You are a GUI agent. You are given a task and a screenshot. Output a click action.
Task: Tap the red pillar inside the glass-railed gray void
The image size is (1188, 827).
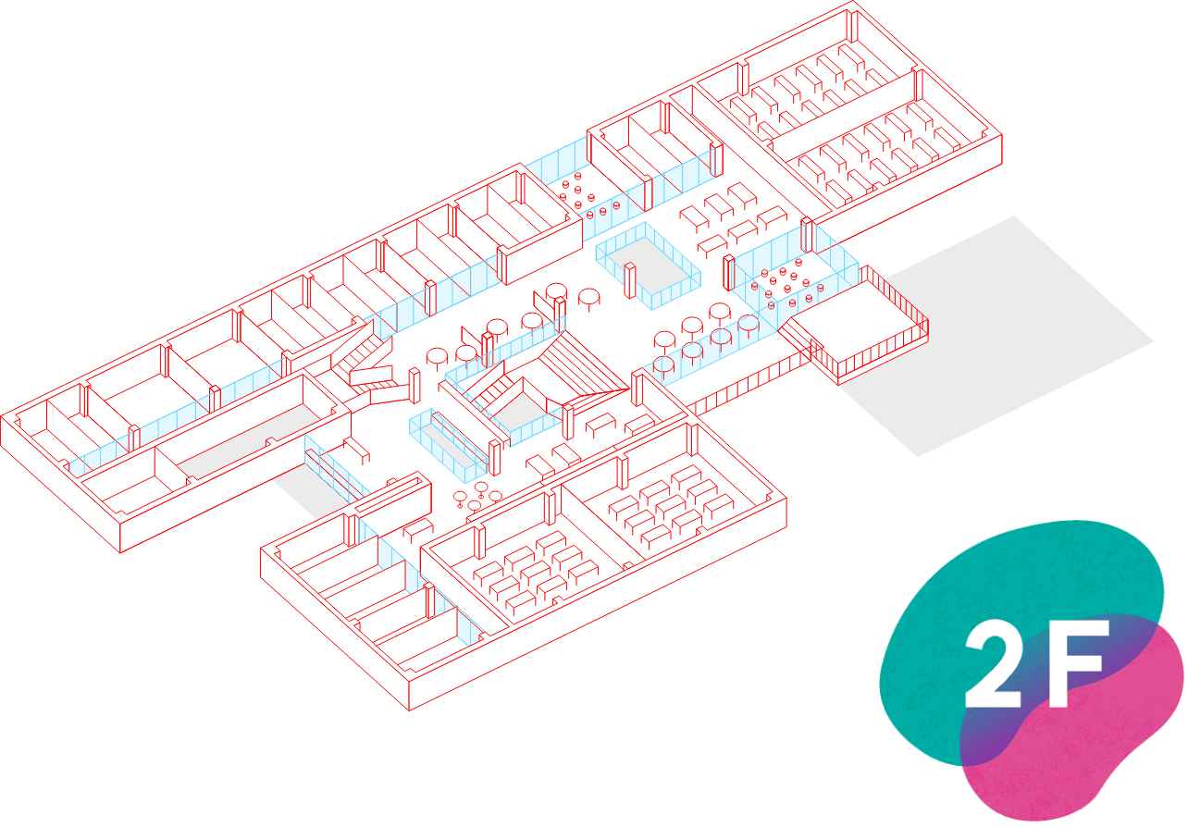[630, 281]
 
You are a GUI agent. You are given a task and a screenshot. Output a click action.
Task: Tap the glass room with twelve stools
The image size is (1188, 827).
[786, 282]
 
